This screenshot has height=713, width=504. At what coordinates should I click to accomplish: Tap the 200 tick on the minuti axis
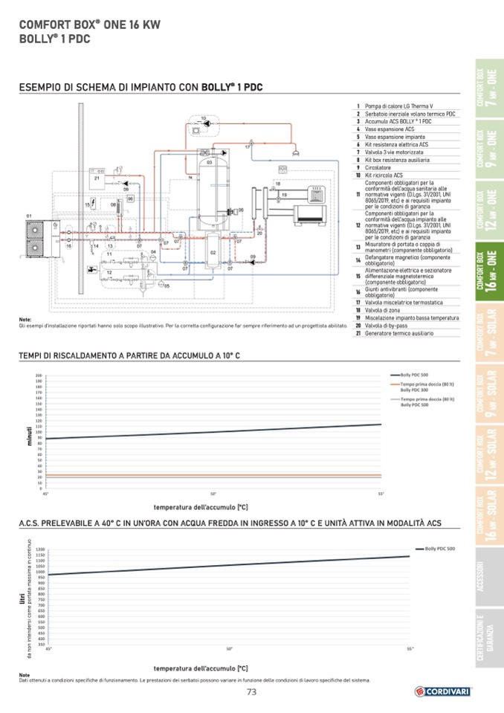(x=39, y=375)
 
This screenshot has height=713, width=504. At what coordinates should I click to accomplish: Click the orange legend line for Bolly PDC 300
(x=395, y=384)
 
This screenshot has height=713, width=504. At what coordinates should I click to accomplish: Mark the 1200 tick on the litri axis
(x=40, y=549)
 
